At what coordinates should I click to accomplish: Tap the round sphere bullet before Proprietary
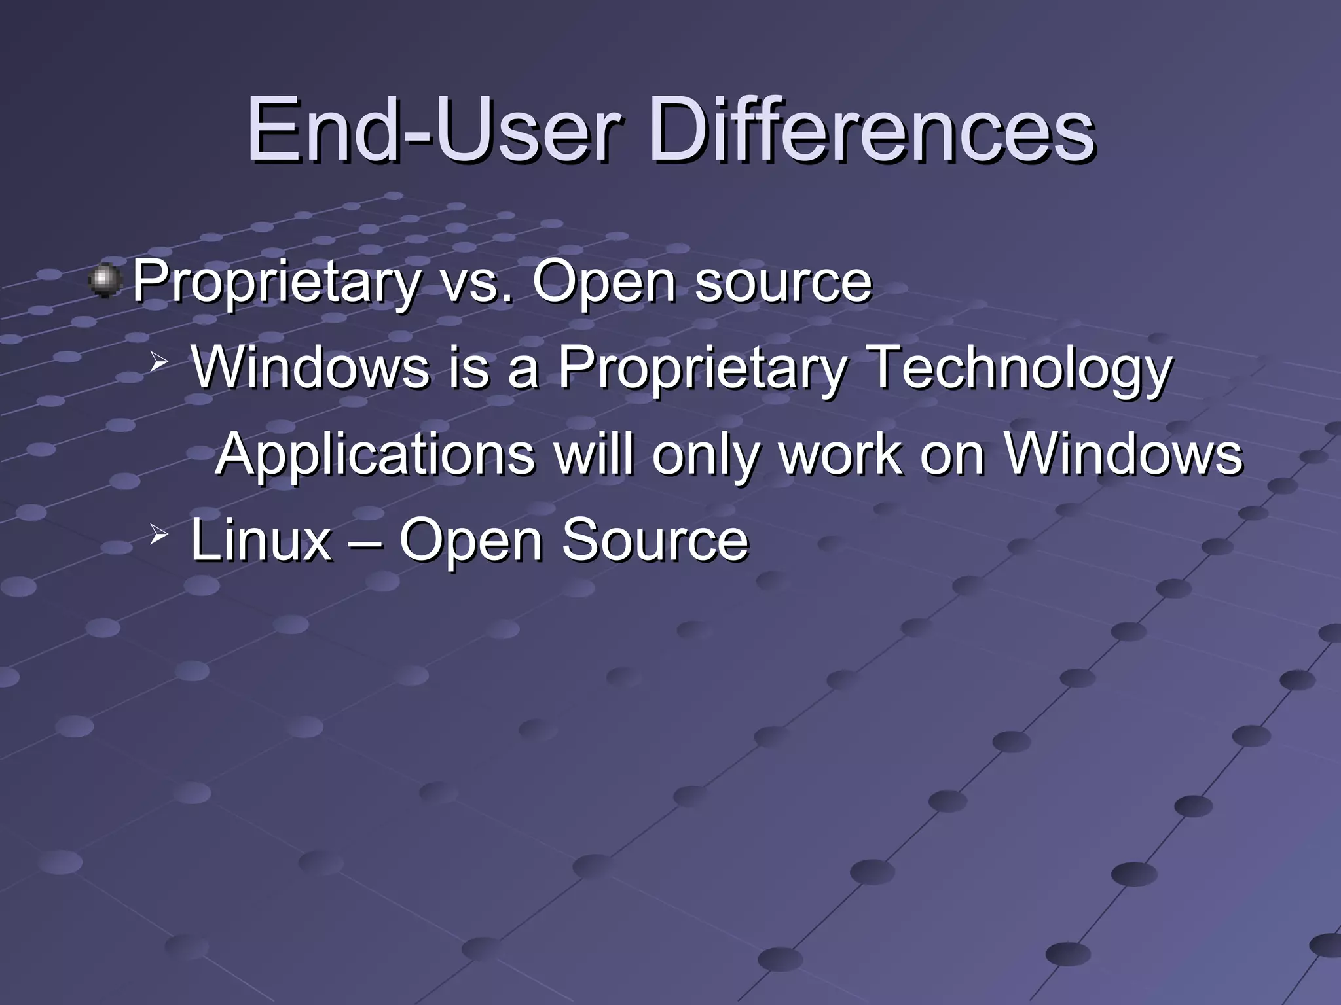[x=104, y=281]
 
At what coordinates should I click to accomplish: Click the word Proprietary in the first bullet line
[x=276, y=282]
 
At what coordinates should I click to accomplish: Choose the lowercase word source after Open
[x=783, y=282]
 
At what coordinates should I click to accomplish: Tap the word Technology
[x=1021, y=369]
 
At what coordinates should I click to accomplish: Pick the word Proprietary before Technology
[x=701, y=369]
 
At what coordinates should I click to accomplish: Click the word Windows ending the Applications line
[x=1124, y=454]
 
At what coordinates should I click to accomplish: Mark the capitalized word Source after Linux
[x=655, y=540]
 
